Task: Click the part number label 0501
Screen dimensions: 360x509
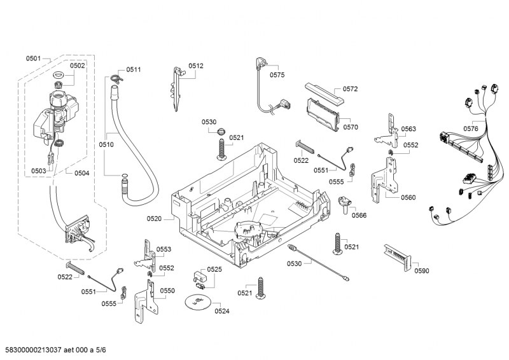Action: pos(33,59)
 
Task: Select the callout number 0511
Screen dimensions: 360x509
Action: pos(133,69)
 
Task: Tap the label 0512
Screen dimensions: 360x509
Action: pos(195,66)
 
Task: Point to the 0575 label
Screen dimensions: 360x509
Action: pos(277,75)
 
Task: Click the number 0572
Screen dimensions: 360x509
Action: pos(351,89)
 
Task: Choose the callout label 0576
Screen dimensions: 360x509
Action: pos(471,129)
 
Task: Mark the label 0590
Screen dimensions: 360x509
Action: pos(421,271)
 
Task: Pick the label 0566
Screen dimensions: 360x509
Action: pos(359,215)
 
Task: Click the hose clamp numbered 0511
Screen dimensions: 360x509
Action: pos(115,78)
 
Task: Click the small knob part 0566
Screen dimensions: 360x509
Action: pos(345,204)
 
